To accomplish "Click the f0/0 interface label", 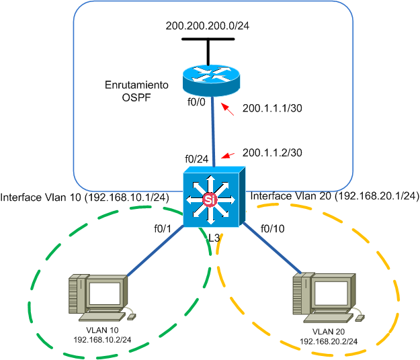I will pyautogui.click(x=196, y=105).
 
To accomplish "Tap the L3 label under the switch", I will pyautogui.click(x=214, y=238).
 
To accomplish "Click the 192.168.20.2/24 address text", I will pyautogui.click(x=329, y=341).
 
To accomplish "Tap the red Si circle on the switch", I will pyautogui.click(x=210, y=200).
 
